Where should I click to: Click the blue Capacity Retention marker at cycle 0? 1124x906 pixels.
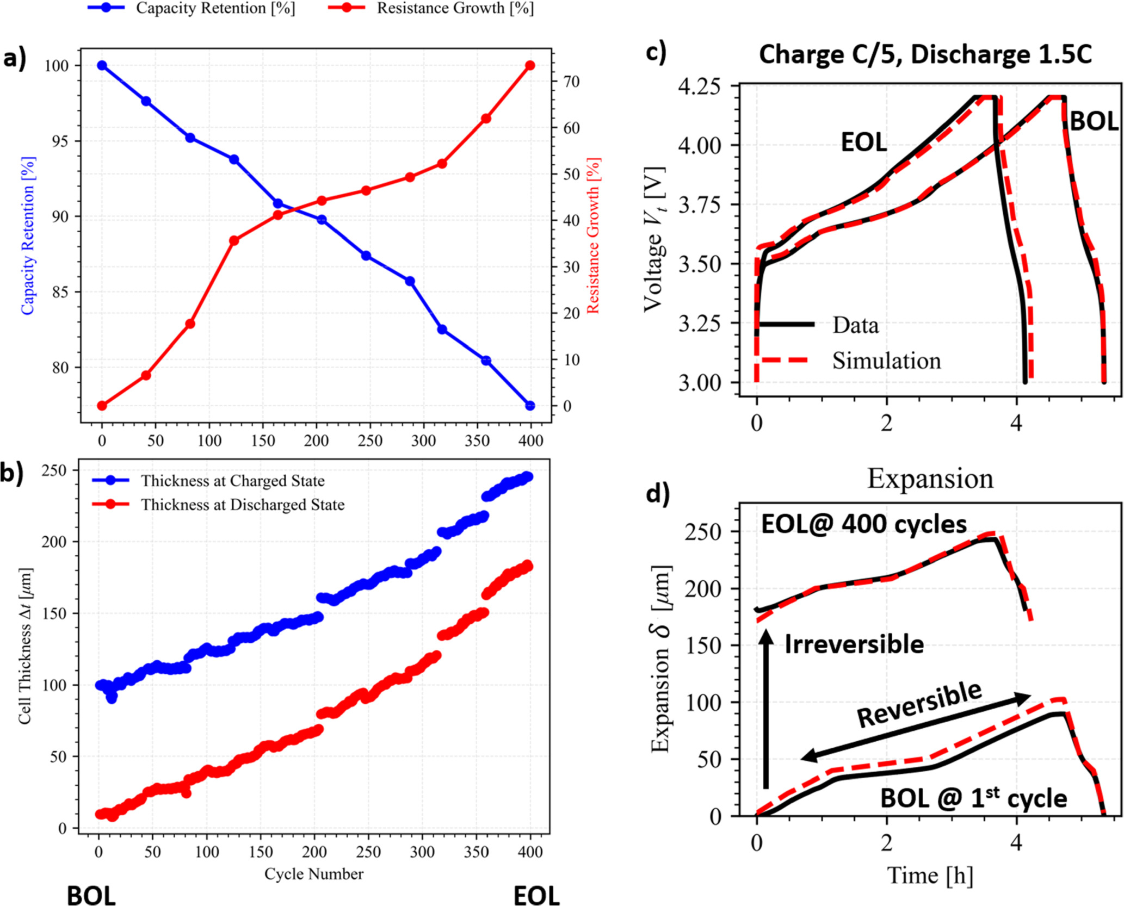click(102, 65)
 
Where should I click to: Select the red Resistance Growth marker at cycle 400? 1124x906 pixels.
click(530, 65)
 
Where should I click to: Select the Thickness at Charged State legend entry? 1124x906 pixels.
click(232, 481)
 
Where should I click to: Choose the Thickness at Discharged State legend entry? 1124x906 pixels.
click(243, 505)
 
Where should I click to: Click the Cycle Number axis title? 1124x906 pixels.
click(313, 874)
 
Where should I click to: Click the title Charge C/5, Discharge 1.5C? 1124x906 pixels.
click(925, 55)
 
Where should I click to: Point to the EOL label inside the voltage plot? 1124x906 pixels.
click(864, 142)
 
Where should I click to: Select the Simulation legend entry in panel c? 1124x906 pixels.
click(886, 361)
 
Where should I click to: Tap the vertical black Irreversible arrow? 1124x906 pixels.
click(766, 710)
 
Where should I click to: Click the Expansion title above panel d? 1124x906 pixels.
click(930, 479)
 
